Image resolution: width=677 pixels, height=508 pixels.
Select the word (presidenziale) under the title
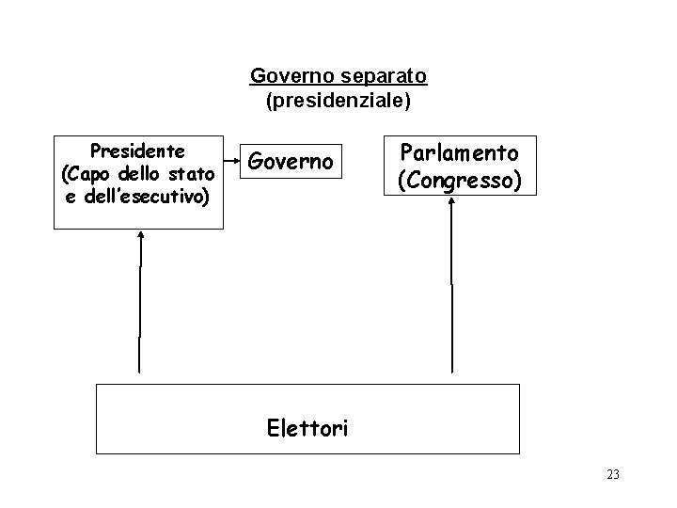[x=338, y=99]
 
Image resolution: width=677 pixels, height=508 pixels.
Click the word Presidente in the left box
[x=136, y=151]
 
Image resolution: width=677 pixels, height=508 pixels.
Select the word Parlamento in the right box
[x=459, y=152]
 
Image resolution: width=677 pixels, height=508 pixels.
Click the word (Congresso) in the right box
[x=459, y=179]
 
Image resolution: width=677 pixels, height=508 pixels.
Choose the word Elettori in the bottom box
[x=307, y=428]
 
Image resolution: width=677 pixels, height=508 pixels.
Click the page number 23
[x=613, y=474]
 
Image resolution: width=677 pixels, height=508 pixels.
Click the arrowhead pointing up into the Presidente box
[x=140, y=237]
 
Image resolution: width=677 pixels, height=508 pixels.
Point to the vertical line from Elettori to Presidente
[x=140, y=310]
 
